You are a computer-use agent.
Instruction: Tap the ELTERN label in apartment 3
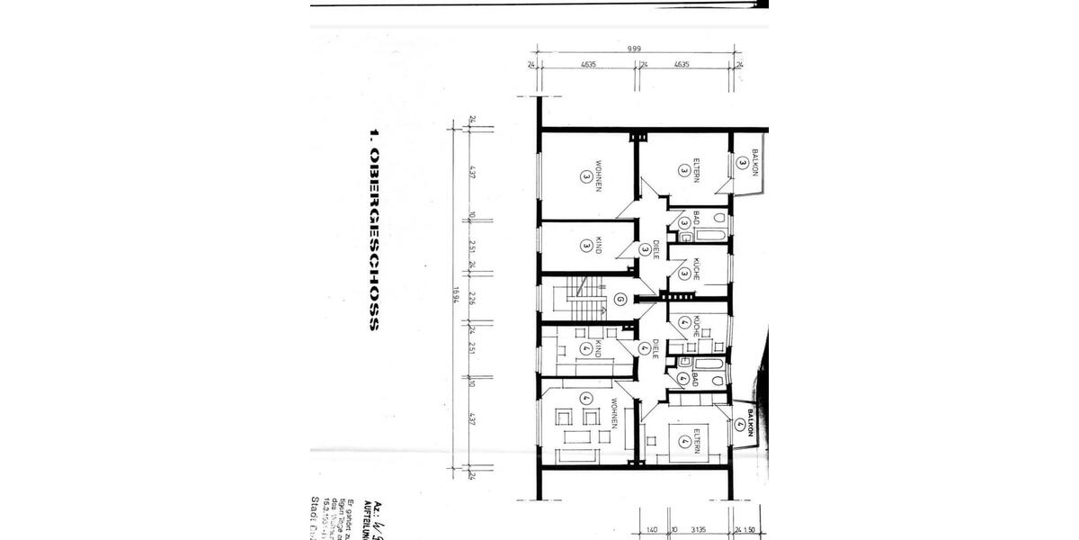696,168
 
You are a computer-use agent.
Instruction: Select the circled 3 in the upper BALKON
742,163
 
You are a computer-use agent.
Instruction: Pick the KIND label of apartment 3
597,245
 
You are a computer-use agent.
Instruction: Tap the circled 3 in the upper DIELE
645,249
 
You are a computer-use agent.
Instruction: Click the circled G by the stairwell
620,301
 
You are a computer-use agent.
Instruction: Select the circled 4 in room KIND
585,349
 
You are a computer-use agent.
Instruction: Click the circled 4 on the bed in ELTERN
685,441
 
